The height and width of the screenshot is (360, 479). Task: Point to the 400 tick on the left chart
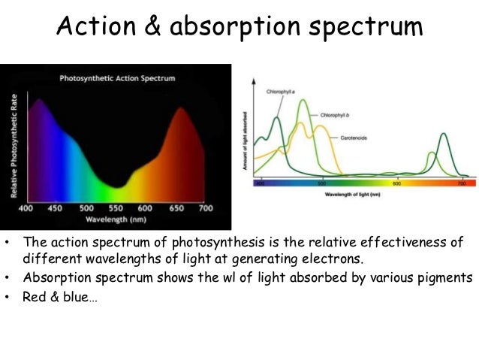click(26, 208)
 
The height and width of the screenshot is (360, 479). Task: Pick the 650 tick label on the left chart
click(178, 208)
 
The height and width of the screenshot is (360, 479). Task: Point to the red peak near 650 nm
click(182, 108)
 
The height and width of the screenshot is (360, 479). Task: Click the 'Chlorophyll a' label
click(279, 91)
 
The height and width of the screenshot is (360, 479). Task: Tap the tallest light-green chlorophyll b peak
click(303, 101)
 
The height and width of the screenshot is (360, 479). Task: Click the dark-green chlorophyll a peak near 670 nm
click(444, 135)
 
